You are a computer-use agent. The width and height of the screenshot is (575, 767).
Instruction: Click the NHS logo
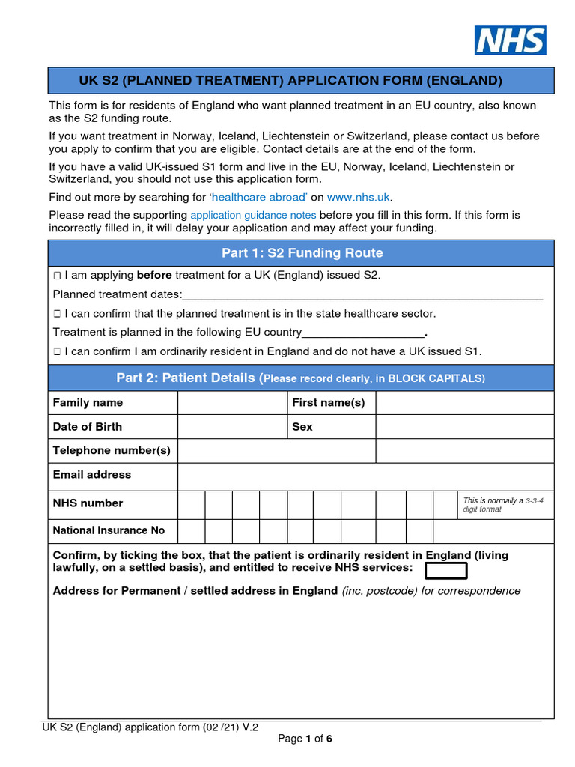510,40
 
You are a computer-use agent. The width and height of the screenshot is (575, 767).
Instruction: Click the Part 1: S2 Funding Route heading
301,253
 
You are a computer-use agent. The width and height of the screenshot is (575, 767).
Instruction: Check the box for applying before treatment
57,276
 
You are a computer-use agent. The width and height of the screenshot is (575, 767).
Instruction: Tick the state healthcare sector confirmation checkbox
57,314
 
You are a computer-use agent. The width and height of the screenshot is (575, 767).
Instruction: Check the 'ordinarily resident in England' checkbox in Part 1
57,351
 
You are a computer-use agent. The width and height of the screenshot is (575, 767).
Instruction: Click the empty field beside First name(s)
464,403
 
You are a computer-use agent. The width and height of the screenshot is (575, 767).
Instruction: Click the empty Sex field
464,427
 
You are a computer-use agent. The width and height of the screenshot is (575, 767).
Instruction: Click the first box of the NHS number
191,505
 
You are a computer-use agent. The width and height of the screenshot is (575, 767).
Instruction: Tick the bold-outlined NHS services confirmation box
445,571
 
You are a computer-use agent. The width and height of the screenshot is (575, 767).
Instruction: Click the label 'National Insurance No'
109,530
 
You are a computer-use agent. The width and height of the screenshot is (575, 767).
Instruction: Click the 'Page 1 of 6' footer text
305,739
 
